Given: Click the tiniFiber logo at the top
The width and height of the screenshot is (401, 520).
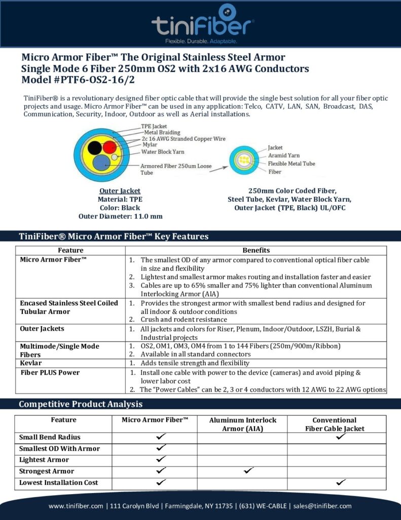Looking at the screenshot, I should [x=203, y=23].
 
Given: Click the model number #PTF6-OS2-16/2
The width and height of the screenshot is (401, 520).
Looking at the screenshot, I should [x=79, y=80].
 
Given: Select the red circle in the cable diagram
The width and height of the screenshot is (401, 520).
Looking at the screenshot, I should [x=109, y=148].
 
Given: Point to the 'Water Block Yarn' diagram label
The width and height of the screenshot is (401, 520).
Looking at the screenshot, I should [x=162, y=151].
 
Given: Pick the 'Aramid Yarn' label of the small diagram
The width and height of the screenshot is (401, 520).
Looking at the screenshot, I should [x=283, y=155].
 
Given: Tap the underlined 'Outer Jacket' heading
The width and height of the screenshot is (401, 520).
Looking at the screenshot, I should [x=120, y=191].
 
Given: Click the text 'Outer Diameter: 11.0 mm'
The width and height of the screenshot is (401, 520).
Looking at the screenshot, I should [x=120, y=216].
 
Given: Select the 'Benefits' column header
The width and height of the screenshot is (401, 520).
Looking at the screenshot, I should [x=256, y=250].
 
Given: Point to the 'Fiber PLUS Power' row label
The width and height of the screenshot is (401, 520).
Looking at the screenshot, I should [x=50, y=372].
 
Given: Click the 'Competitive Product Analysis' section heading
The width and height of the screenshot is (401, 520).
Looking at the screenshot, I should [x=81, y=404].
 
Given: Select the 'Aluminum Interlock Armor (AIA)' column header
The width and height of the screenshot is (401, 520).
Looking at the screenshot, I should [x=243, y=425].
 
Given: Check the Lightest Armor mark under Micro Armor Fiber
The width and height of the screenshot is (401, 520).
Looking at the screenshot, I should [x=161, y=459].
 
